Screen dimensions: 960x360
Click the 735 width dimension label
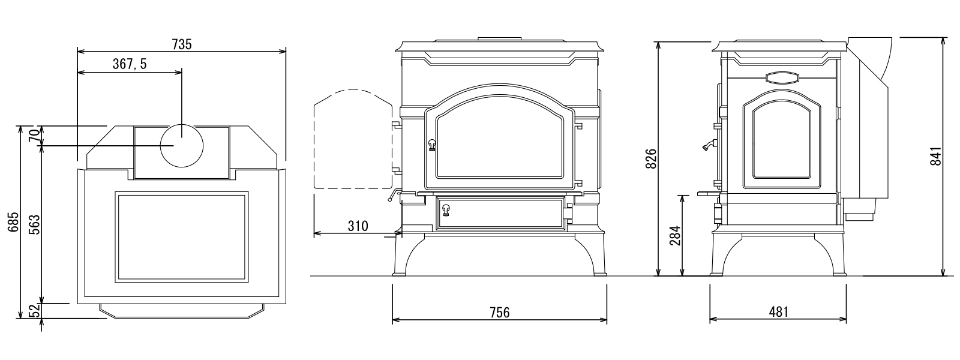[182, 44]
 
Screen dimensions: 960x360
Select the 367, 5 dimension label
[130, 64]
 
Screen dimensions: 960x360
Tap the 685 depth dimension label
[13, 222]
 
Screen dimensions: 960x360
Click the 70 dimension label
[35, 136]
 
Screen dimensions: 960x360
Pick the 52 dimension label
[35, 311]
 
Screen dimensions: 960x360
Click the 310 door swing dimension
[358, 226]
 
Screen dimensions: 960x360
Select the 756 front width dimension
[500, 313]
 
